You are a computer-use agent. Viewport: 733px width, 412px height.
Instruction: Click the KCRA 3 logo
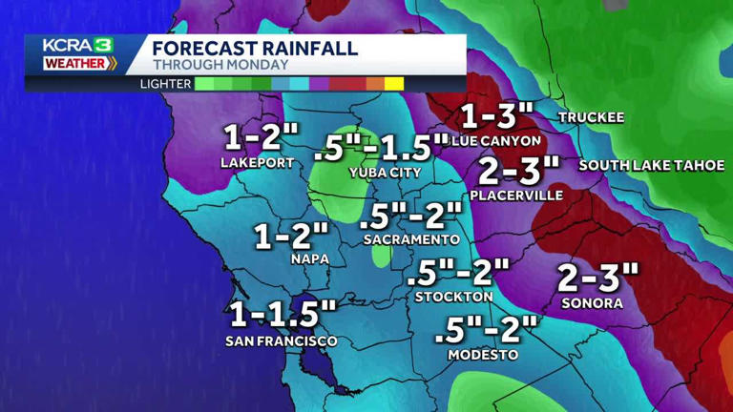[x=79, y=54]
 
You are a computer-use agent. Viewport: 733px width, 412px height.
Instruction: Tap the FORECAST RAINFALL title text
[x=255, y=48]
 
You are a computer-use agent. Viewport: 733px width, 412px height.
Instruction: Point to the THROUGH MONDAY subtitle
[x=220, y=65]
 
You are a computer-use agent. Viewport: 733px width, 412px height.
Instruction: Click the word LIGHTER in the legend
[x=164, y=83]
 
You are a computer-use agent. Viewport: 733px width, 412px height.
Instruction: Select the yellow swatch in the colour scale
[x=394, y=83]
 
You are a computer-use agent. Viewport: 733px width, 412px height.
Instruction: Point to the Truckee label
[x=591, y=117]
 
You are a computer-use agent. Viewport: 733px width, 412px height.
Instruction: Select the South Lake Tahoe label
[x=651, y=165]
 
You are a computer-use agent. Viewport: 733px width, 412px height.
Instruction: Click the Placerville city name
[x=516, y=195]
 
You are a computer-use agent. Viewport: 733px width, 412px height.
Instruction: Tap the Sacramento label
[x=411, y=239]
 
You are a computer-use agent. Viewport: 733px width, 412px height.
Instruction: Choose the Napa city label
[x=310, y=258]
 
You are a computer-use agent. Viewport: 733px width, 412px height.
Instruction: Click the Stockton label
[x=453, y=297]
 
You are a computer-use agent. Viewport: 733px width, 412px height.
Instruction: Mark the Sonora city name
[x=592, y=303]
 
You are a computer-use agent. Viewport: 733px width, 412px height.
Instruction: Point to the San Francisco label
[x=282, y=340]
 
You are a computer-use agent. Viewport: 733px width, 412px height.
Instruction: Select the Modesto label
[x=483, y=354]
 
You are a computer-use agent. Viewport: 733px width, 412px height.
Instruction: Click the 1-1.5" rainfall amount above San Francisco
[x=283, y=314]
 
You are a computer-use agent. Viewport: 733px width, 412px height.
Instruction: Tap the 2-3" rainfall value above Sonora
[x=597, y=278]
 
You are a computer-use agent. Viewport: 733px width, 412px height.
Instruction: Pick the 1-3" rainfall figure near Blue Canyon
[x=496, y=115]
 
